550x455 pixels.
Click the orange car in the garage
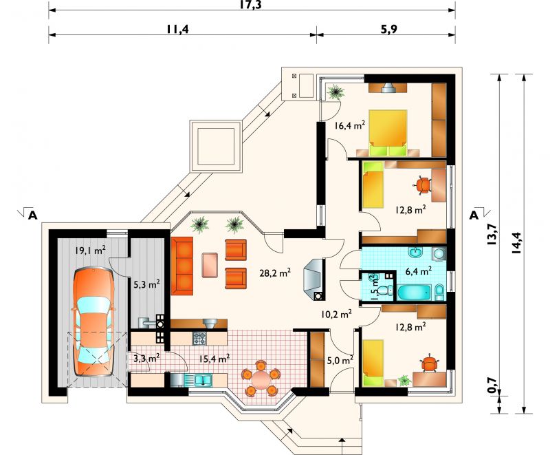pos(93,322)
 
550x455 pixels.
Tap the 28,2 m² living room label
pos(276,273)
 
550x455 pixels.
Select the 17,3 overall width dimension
pos(251,5)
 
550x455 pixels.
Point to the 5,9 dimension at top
pos(388,29)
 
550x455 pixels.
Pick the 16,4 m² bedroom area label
pos(350,125)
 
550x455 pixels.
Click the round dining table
pos(260,380)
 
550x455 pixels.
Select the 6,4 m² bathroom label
pos(418,271)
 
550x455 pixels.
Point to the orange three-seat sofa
pos(182,266)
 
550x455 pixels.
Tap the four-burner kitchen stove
pos(199,338)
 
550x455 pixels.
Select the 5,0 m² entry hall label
pos(340,360)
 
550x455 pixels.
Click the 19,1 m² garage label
pos(90,251)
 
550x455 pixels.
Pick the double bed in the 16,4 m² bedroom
pos(388,133)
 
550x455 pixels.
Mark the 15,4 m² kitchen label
pos(214,359)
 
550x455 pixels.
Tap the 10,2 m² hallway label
pos(336,314)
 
